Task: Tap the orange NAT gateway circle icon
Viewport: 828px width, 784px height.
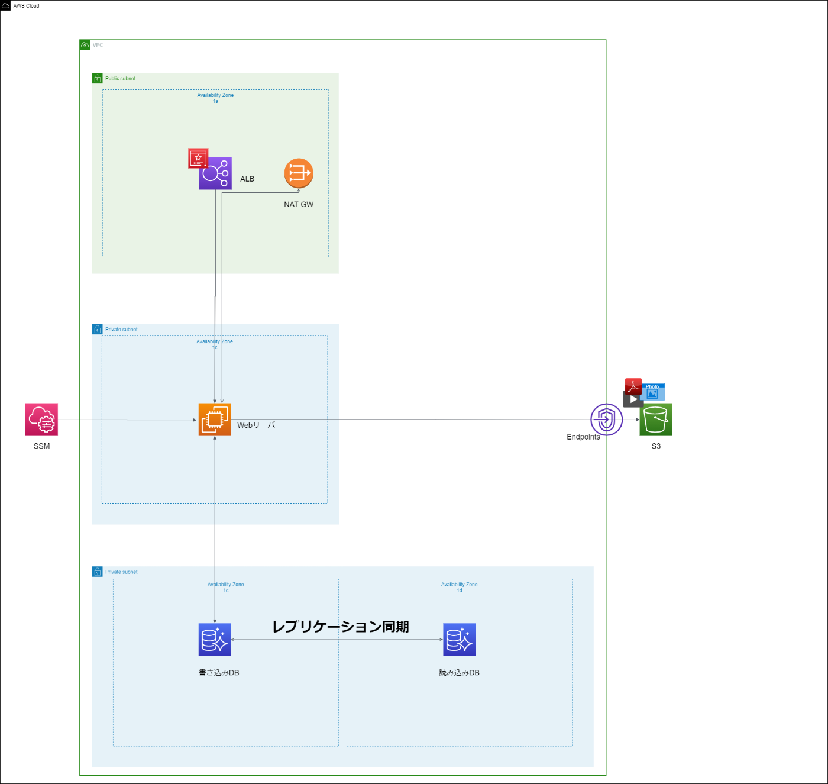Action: [x=299, y=173]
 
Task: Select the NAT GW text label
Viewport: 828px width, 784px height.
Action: [x=299, y=204]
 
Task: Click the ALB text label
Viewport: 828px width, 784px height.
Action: [x=247, y=179]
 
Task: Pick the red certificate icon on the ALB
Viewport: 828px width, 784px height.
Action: [x=198, y=158]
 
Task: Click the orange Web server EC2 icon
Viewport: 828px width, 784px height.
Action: [x=215, y=420]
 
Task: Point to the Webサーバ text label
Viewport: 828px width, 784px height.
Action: [x=256, y=425]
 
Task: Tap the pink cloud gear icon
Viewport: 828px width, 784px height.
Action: [x=42, y=420]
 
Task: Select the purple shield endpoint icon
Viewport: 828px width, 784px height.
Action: [x=606, y=420]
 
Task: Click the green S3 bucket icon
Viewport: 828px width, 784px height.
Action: [x=656, y=420]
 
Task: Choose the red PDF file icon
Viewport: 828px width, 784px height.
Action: [x=633, y=386]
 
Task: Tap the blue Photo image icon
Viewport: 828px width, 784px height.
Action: [x=654, y=392]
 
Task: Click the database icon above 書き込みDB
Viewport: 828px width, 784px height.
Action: [x=215, y=640]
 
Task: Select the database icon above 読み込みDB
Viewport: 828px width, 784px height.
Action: [x=460, y=640]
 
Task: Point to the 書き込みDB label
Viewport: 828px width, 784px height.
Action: [x=219, y=673]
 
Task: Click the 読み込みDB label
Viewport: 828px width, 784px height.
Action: [x=460, y=673]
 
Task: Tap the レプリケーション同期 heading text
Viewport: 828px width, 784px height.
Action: [x=341, y=627]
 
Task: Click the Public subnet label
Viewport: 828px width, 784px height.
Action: [x=120, y=79]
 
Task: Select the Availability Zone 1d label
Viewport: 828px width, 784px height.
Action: [x=460, y=587]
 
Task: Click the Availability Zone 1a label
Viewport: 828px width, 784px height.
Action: [x=215, y=98]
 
